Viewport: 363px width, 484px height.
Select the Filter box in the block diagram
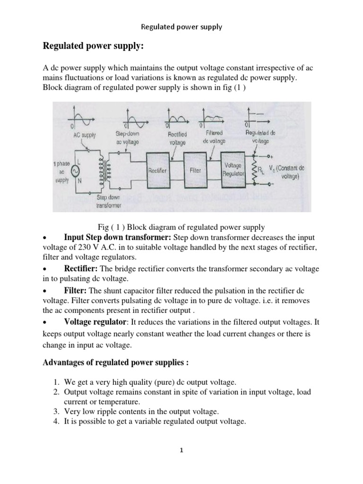195,170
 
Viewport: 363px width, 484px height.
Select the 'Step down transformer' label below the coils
109,200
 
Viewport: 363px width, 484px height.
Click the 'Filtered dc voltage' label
214,138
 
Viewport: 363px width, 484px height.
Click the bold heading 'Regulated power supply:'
86,46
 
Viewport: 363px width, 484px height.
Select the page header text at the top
181,27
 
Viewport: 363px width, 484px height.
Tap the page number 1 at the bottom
181,450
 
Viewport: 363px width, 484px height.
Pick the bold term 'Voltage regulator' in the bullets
95,322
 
